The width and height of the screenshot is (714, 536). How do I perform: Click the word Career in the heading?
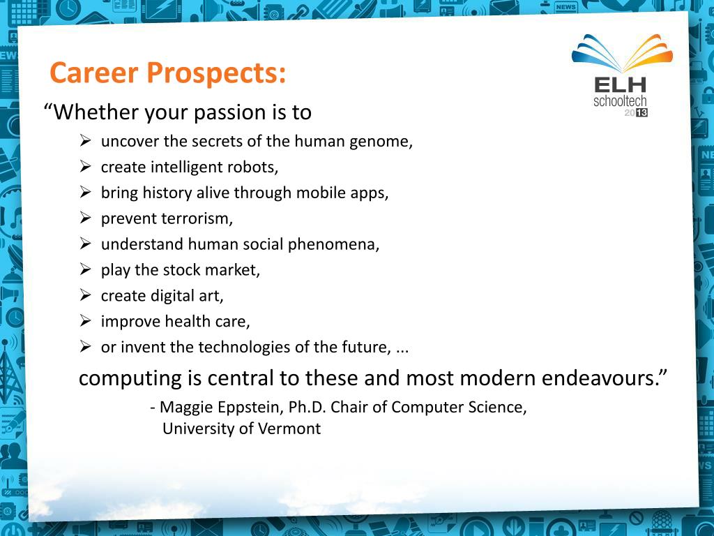pyautogui.click(x=94, y=73)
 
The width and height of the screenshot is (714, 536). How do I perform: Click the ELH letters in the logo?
pyautogui.click(x=620, y=85)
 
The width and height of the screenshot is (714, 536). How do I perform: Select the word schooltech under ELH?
pyautogui.click(x=620, y=100)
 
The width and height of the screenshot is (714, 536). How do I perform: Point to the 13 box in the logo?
pyautogui.click(x=641, y=112)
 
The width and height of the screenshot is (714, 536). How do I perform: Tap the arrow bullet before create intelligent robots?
pyautogui.click(x=85, y=166)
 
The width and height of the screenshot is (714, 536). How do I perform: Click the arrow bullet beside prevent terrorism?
pyautogui.click(x=85, y=218)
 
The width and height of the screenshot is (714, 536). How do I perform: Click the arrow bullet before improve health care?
pyautogui.click(x=85, y=321)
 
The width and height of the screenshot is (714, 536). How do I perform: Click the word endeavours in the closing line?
pyautogui.click(x=604, y=378)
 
